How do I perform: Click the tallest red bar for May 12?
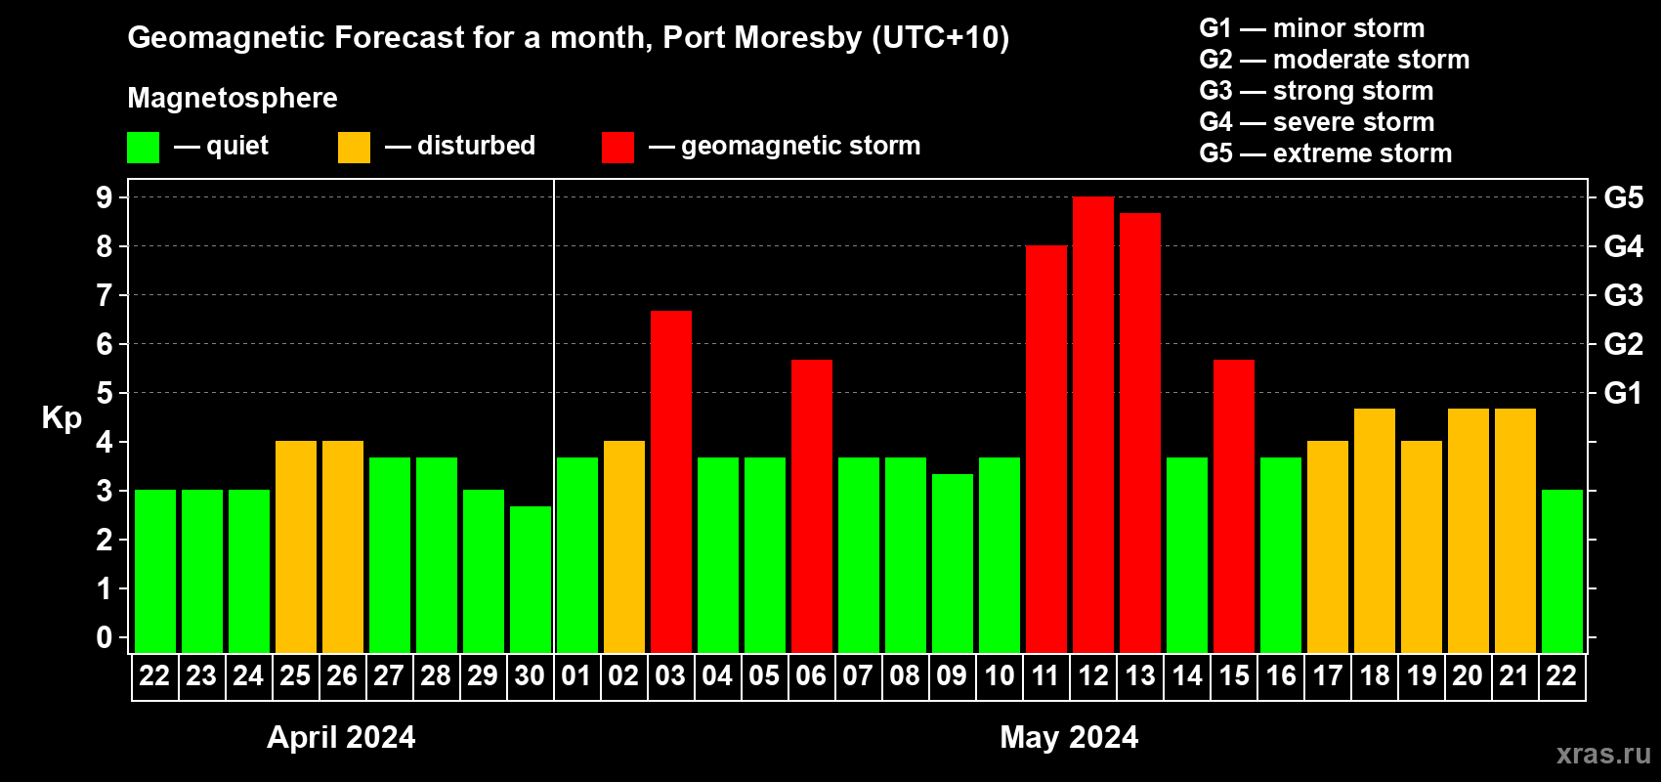coord(1092,425)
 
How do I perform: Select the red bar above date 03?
coord(670,482)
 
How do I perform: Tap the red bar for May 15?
coord(1233,506)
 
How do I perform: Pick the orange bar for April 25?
coord(295,547)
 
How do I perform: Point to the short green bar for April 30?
coord(530,580)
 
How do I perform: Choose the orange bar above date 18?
coord(1374,531)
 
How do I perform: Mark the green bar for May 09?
coord(952,564)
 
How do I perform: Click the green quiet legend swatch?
coord(143,148)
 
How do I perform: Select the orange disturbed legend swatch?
coord(354,148)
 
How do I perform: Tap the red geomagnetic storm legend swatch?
coord(618,148)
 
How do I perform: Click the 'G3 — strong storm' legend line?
coord(1316,91)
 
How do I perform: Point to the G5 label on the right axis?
coord(1623,197)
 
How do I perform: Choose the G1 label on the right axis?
coord(1623,393)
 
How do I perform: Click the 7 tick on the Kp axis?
coord(105,295)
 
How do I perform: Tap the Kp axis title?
coord(62,418)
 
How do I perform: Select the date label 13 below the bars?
coord(1139,675)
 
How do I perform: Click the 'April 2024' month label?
coord(341,737)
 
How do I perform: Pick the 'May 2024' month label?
coord(1069,737)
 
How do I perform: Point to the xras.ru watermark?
coord(1602,754)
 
